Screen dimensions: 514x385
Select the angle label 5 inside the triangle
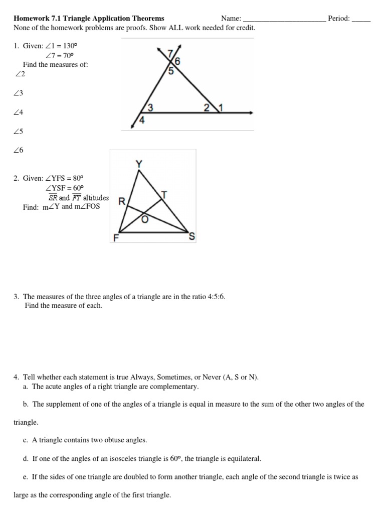(170, 71)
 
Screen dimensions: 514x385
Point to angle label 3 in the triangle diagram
(150, 107)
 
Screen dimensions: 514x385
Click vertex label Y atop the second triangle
(139, 164)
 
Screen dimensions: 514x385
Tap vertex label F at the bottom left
(116, 238)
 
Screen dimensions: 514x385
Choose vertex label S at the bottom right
(191, 237)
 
